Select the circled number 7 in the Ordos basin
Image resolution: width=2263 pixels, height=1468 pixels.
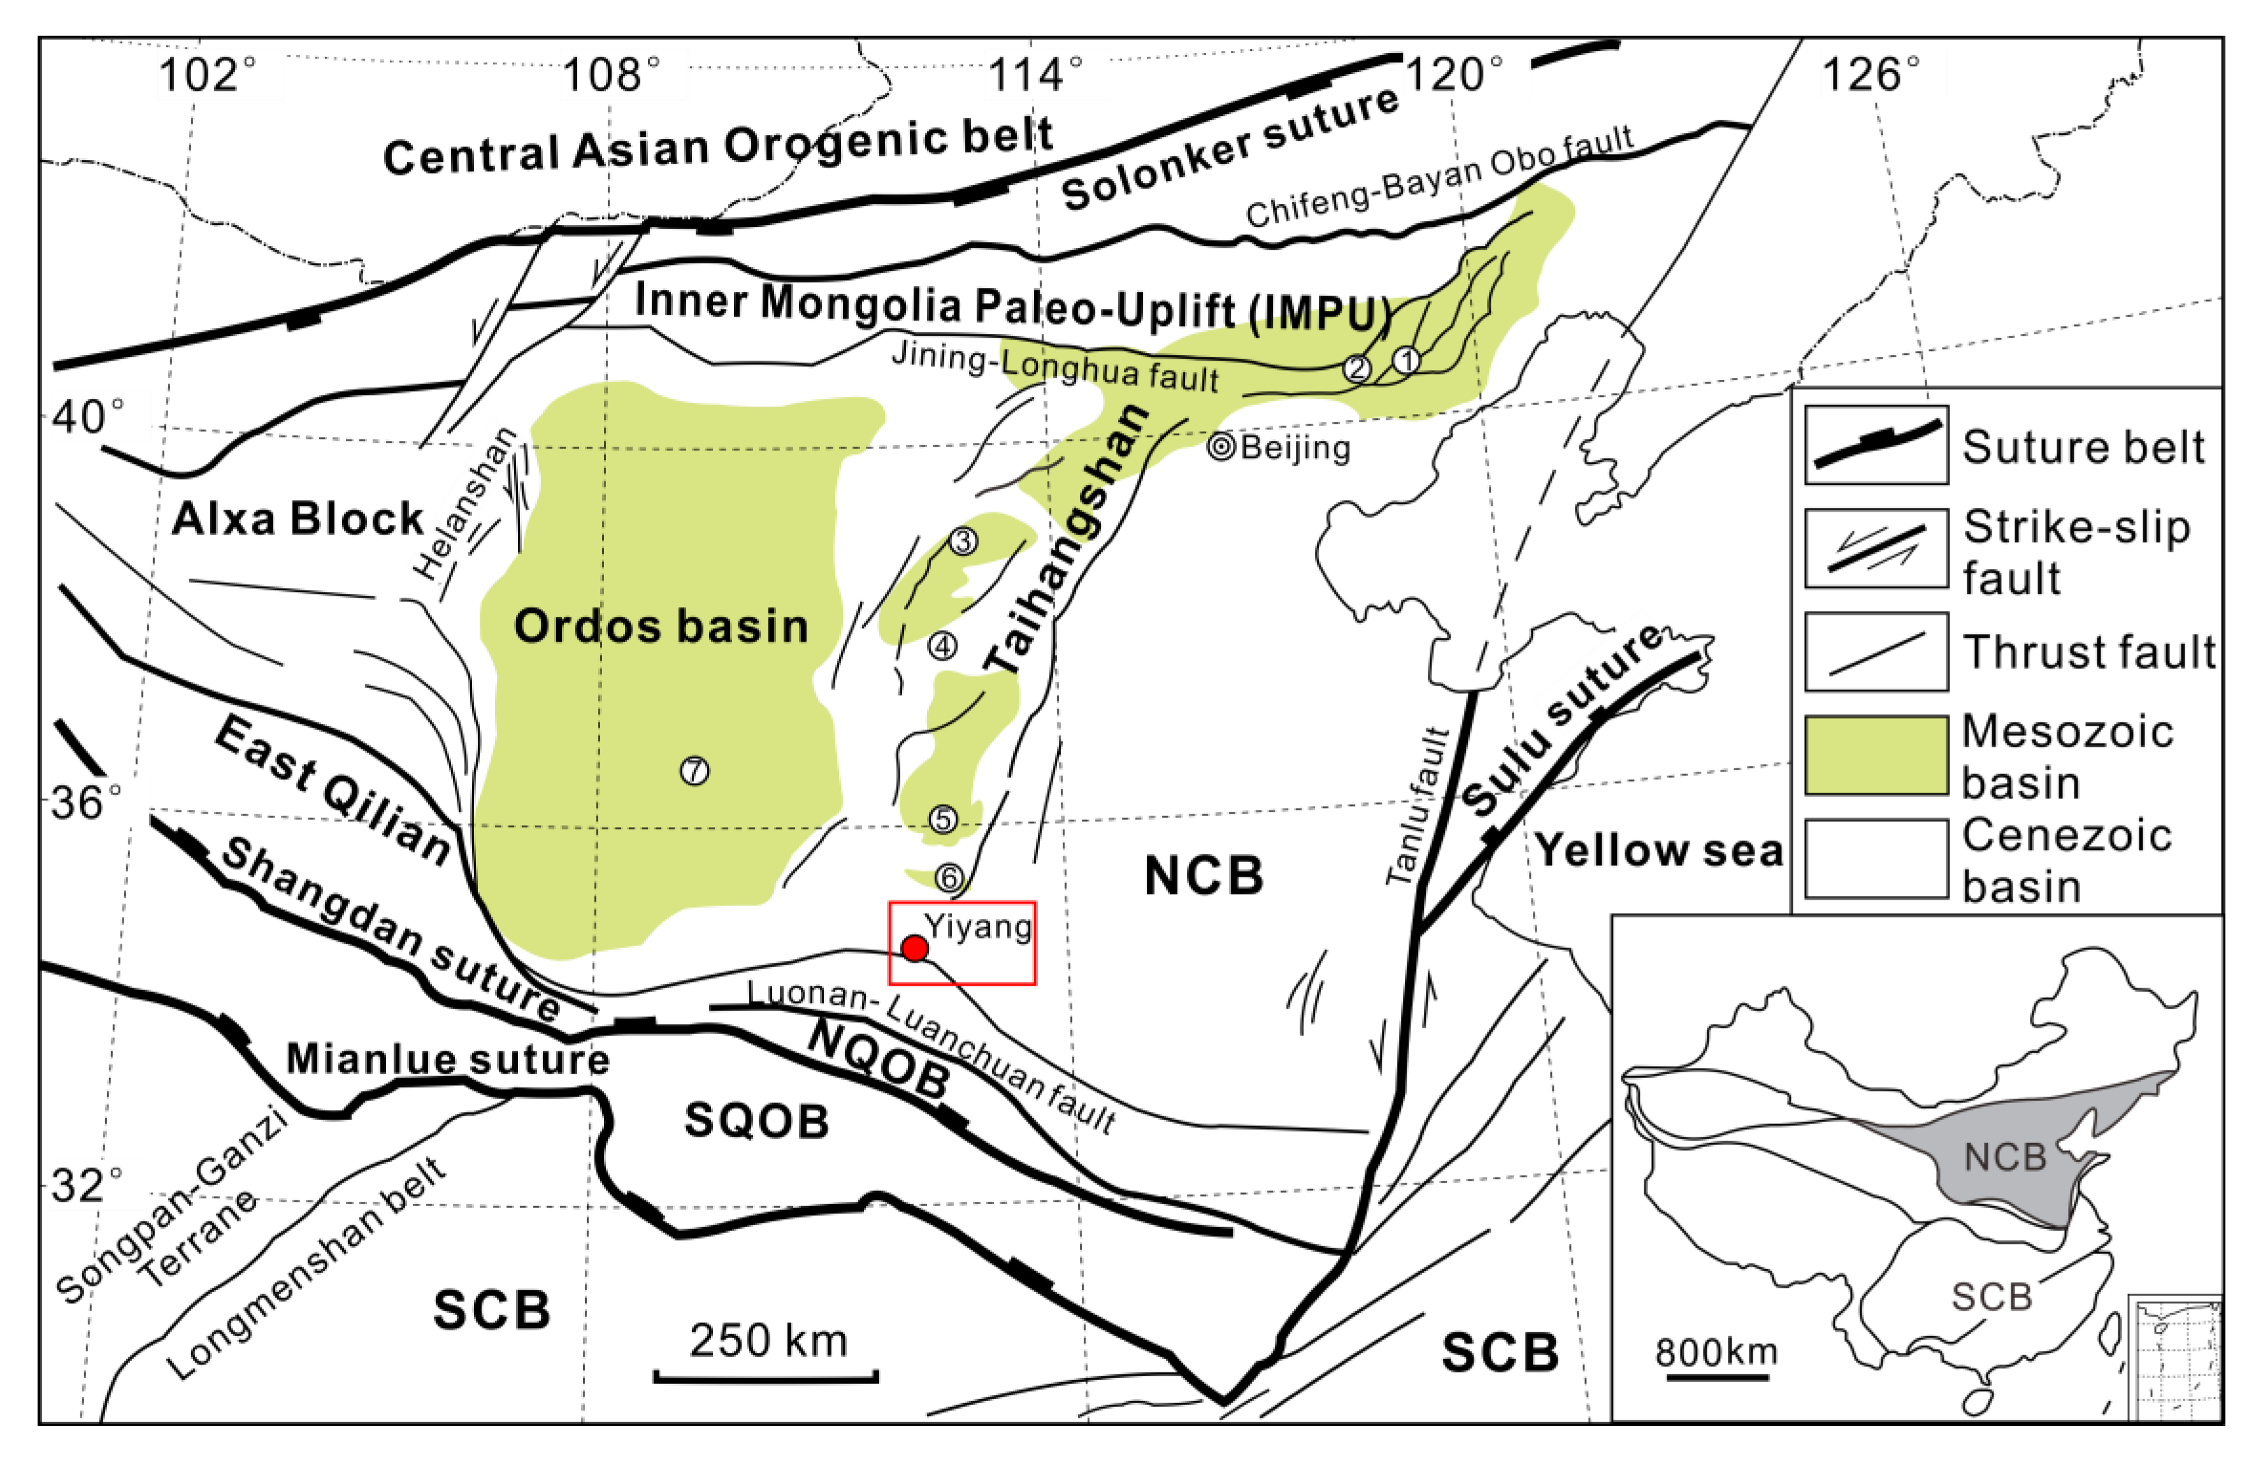(695, 770)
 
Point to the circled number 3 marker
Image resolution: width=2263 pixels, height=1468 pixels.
(963, 541)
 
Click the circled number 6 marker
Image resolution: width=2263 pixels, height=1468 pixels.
(949, 877)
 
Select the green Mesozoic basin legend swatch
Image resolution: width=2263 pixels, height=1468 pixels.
(1876, 755)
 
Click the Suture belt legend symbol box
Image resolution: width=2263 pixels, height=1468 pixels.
(1876, 445)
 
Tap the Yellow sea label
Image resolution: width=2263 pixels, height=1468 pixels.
(1659, 850)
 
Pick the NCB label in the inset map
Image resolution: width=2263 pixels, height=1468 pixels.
(2004, 1157)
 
